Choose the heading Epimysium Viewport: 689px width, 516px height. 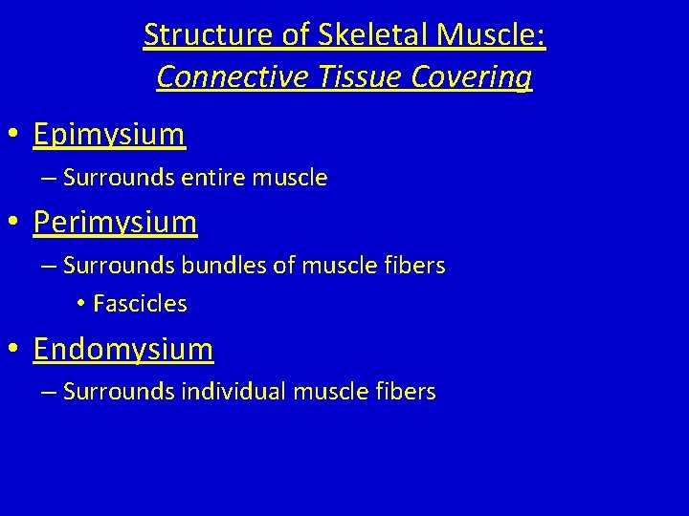click(x=109, y=135)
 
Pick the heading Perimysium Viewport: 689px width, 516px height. click(x=115, y=223)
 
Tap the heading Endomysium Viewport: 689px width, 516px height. click(x=123, y=349)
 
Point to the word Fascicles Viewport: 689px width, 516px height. click(x=140, y=305)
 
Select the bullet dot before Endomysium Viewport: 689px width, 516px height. click(x=16, y=351)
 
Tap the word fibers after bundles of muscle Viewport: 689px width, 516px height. click(x=414, y=266)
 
